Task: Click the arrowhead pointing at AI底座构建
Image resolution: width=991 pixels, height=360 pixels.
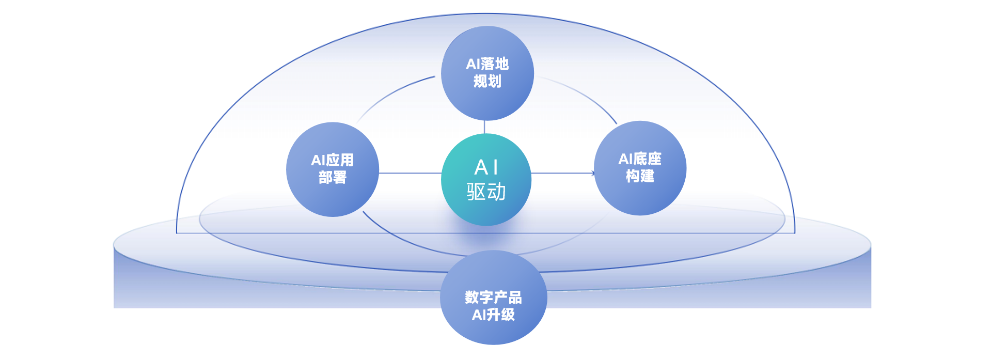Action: coord(593,173)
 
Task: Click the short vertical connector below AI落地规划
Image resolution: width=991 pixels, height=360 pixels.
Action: coord(484,127)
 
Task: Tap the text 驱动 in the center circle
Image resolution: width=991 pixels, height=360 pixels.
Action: coord(486,192)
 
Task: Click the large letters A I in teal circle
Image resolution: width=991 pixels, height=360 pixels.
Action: coord(486,167)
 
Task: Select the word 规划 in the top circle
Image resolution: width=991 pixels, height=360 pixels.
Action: coord(487,81)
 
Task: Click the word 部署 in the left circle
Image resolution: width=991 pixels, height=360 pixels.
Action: coord(332,178)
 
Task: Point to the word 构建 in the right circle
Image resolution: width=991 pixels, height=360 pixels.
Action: coord(640,176)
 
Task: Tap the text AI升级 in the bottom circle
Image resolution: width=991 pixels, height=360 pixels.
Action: coord(493,315)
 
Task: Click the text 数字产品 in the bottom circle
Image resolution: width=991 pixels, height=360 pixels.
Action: coord(493,298)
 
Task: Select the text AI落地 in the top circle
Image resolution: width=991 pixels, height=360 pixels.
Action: coord(487,64)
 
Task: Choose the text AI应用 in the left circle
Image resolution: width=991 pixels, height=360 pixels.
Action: coord(332,160)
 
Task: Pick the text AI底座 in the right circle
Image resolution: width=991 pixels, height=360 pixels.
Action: coord(640,159)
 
